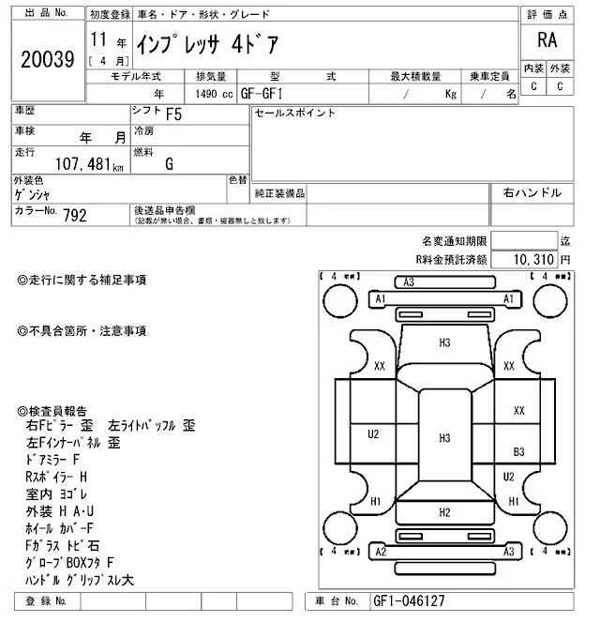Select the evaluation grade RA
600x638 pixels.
pyautogui.click(x=547, y=40)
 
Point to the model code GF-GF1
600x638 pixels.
pyautogui.click(x=267, y=94)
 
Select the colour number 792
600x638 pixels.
pyautogui.click(x=75, y=216)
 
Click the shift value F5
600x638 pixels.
pyautogui.click(x=173, y=116)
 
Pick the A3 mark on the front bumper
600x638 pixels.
pyautogui.click(x=409, y=282)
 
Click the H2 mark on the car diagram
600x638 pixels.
pyautogui.click(x=444, y=512)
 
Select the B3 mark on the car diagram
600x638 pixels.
pyautogui.click(x=518, y=451)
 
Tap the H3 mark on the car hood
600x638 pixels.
pyautogui.click(x=444, y=343)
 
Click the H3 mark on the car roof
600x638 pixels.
pyautogui.click(x=444, y=437)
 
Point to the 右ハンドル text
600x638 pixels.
pyautogui.click(x=532, y=192)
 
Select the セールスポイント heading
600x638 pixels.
pyautogui.click(x=295, y=114)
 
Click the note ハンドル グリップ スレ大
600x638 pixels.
pyautogui.click(x=82, y=580)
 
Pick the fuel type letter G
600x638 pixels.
pyautogui.click(x=169, y=163)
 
